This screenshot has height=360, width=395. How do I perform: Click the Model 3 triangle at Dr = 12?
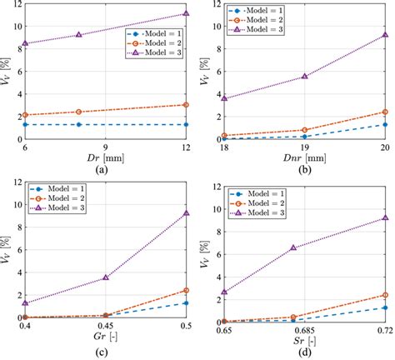pyautogui.click(x=186, y=14)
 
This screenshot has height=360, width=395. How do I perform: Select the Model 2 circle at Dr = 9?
pyautogui.click(x=78, y=112)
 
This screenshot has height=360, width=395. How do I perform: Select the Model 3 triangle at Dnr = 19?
pyautogui.click(x=305, y=76)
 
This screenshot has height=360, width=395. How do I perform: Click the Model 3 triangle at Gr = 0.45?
pyautogui.click(x=105, y=277)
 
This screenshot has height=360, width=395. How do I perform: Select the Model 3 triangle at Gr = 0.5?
pyautogui.click(x=186, y=213)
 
